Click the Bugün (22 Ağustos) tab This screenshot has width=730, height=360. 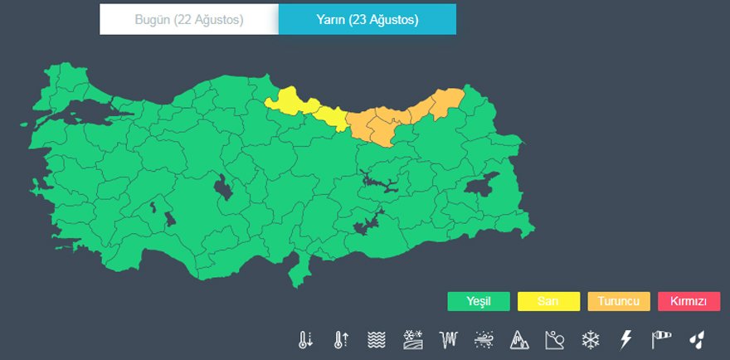[x=189, y=20]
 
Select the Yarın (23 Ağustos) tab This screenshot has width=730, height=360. [x=367, y=20]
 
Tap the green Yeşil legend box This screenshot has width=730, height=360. [x=478, y=301]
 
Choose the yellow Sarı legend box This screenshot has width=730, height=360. [x=548, y=301]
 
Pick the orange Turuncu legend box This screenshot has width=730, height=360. [x=619, y=301]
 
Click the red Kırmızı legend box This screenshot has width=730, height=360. [x=689, y=301]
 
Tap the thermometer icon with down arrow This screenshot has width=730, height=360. [x=306, y=339]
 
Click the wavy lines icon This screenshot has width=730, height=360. [x=377, y=339]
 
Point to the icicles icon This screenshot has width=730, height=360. [x=449, y=339]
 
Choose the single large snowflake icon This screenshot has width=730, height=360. [x=590, y=339]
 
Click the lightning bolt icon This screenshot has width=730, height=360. [x=625, y=339]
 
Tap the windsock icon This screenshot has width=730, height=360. [x=661, y=339]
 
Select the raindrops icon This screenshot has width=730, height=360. [x=697, y=339]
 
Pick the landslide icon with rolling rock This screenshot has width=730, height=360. [x=555, y=339]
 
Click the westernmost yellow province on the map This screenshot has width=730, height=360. [x=286, y=102]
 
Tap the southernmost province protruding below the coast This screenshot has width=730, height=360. [x=296, y=271]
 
